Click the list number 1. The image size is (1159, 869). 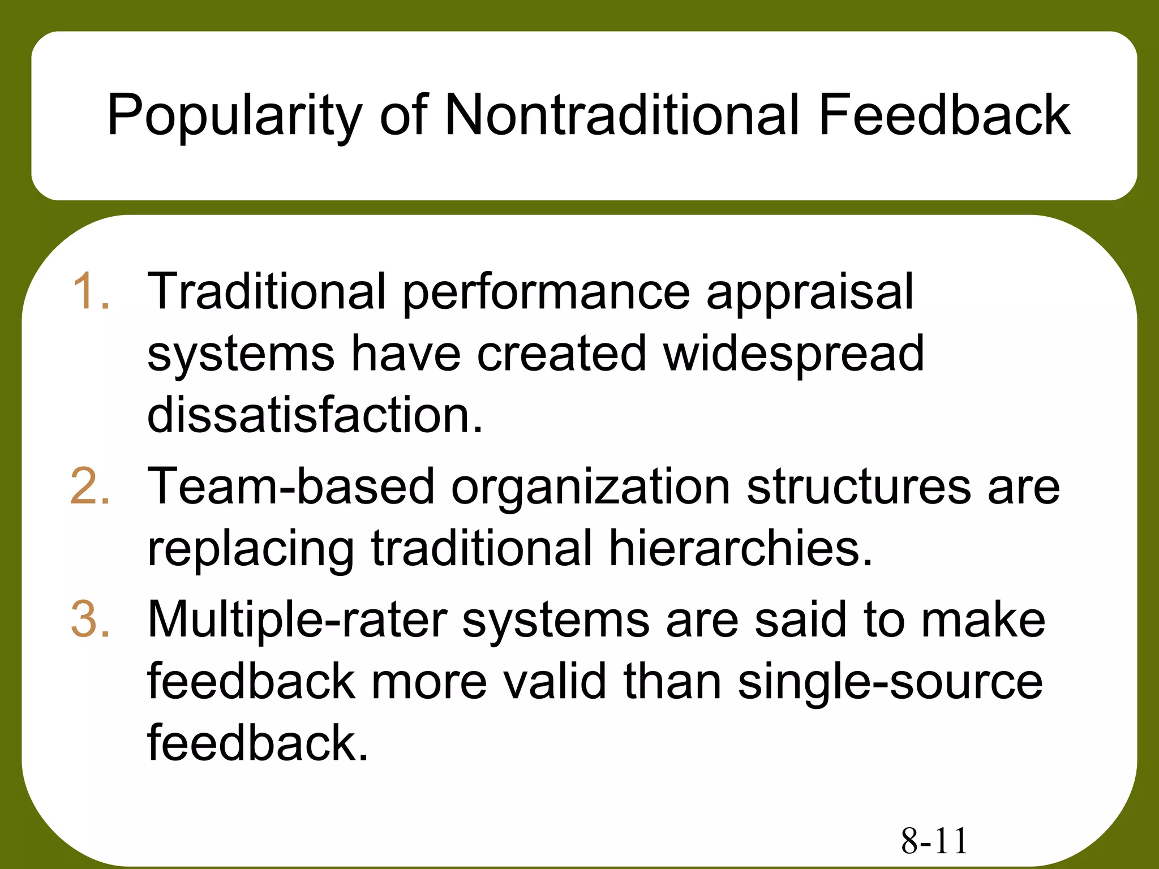coord(91,291)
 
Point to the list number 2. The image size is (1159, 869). coord(91,486)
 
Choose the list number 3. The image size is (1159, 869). coord(91,620)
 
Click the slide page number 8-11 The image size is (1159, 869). coord(934,841)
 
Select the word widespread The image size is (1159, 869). coord(794,354)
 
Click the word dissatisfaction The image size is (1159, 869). coord(315,415)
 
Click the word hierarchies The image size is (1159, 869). coord(741,548)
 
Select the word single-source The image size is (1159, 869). coord(890,682)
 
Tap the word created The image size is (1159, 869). coord(561,354)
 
